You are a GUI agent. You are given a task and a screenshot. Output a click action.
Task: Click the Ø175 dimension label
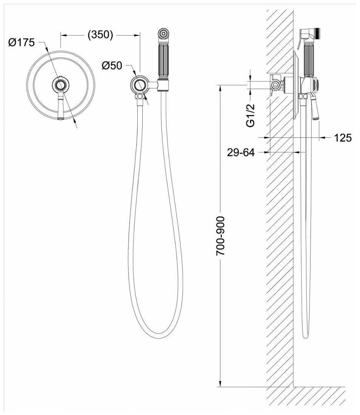pos(21,42)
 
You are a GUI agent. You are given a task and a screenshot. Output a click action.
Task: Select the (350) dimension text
pos(100,34)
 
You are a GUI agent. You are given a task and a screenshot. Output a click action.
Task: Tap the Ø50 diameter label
pos(112,66)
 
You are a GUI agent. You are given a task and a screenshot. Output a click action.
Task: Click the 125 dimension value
pos(343,138)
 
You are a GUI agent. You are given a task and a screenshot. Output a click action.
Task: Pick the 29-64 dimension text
pos(241,152)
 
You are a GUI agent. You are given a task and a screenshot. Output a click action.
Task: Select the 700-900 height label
pos(220,236)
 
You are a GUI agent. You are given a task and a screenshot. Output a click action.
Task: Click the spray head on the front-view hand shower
pos(163,34)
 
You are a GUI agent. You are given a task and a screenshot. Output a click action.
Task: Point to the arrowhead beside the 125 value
pos(322,137)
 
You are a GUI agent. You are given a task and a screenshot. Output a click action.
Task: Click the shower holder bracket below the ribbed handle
pos(163,85)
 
